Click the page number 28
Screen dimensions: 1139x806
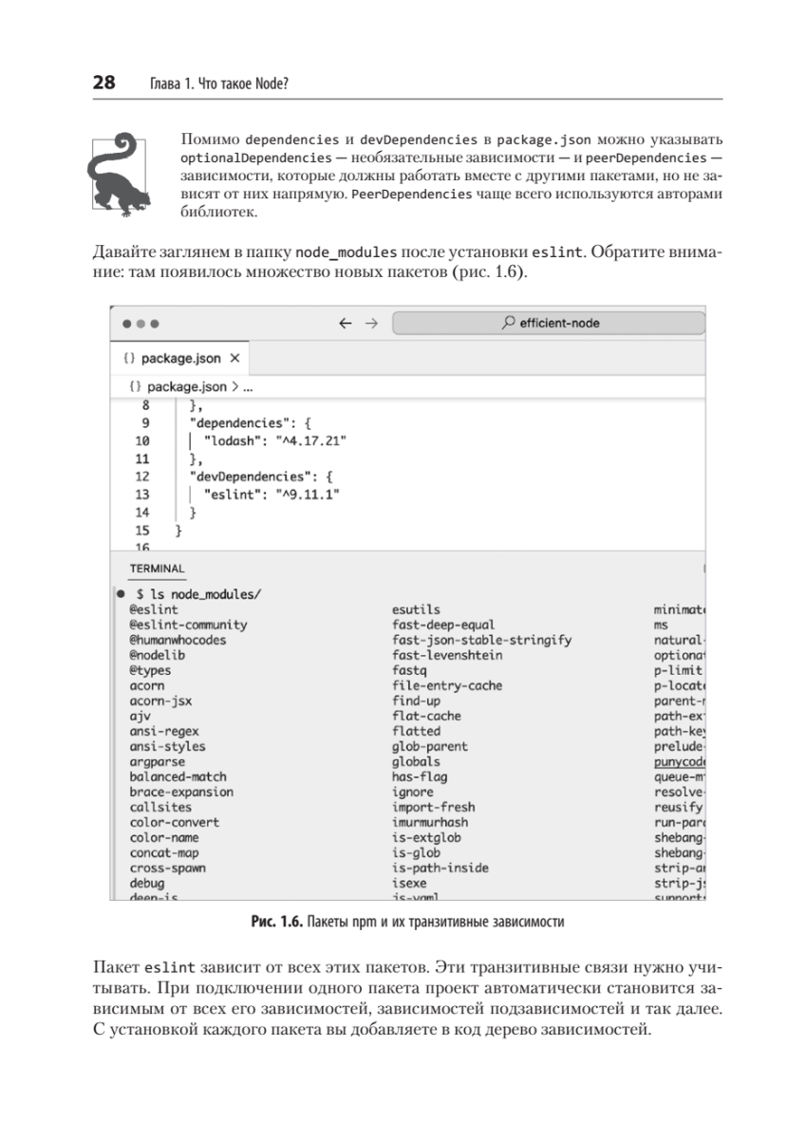103,84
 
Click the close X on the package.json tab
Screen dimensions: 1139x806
235,359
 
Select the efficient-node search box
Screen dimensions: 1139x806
549,323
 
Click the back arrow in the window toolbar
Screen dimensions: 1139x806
346,323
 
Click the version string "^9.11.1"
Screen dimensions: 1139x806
308,495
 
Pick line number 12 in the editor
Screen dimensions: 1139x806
143,476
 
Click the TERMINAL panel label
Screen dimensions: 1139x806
158,568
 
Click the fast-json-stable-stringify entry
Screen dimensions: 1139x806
481,640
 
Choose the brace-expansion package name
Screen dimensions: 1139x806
181,792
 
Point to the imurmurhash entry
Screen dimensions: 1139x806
430,822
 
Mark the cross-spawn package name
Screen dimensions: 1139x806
168,868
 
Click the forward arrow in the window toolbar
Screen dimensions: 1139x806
371,323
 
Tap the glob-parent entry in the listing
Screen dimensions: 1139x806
430,746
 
